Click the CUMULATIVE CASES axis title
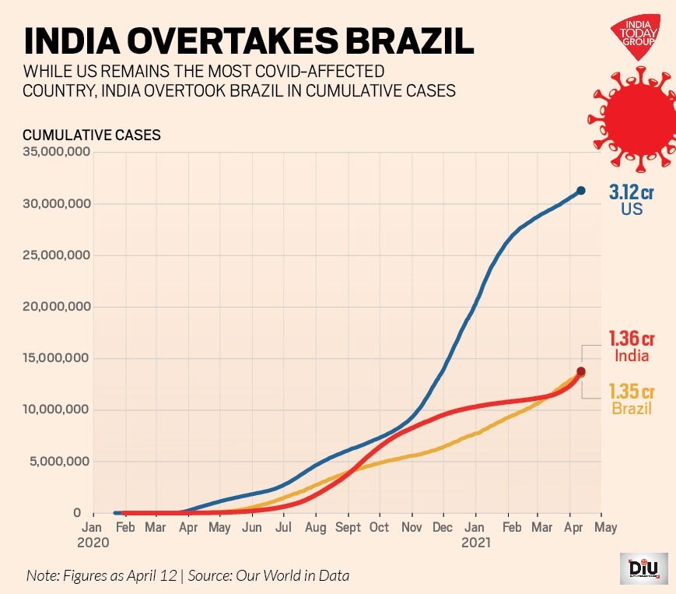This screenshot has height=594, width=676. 92,135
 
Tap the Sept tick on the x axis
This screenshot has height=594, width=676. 348,528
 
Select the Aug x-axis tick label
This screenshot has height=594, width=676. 315,528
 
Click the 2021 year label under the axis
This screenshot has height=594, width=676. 476,543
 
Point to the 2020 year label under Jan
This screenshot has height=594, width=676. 93,543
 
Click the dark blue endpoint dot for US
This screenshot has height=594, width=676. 580,191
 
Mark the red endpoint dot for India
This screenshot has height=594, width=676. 580,372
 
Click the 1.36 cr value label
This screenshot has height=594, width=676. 631,339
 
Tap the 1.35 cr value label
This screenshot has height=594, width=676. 631,392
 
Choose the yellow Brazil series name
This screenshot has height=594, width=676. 631,409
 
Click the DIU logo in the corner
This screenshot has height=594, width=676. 643,568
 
